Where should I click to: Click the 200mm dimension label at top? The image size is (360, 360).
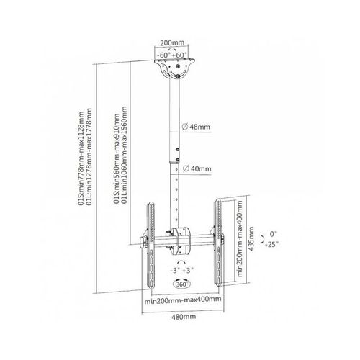point(172,43)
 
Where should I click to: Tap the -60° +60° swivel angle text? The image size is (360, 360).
point(172,55)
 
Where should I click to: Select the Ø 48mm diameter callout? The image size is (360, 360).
point(196,127)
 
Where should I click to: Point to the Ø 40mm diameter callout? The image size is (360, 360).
point(197,168)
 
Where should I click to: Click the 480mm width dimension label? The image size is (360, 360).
point(184,317)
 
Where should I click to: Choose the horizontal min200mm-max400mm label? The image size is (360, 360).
point(183,300)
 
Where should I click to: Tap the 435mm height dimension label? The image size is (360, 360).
point(251,238)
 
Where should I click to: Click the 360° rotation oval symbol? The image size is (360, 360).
point(181,284)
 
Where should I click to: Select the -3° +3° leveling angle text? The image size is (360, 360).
point(181,271)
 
